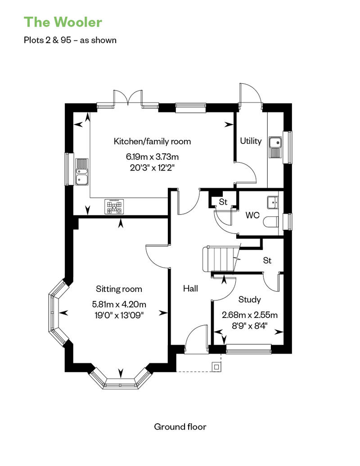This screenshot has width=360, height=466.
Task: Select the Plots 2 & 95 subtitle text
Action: coord(70,40)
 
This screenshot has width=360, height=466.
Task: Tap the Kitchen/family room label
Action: coord(152,141)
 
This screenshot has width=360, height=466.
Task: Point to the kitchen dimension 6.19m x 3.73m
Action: coord(152,157)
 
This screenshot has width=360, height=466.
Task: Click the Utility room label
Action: coord(251,141)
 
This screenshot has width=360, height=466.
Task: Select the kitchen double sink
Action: coord(82,172)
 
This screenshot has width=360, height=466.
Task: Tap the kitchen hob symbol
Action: coord(115,206)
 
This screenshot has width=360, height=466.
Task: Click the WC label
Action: coord(252,215)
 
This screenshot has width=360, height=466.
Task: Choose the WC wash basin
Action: coord(272,202)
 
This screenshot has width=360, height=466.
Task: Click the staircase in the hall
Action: coord(220,260)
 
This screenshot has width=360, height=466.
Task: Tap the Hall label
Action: coord(190,289)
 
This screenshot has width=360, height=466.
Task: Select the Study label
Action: coord(250,299)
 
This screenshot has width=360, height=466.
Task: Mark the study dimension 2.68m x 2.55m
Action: coord(250,314)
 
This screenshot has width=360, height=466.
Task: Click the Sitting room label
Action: coord(119,289)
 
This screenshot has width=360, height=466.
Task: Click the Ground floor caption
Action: coord(180,426)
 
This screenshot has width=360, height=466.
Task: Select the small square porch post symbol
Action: coord(217,367)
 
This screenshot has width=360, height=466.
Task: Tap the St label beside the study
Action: coord(267,260)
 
